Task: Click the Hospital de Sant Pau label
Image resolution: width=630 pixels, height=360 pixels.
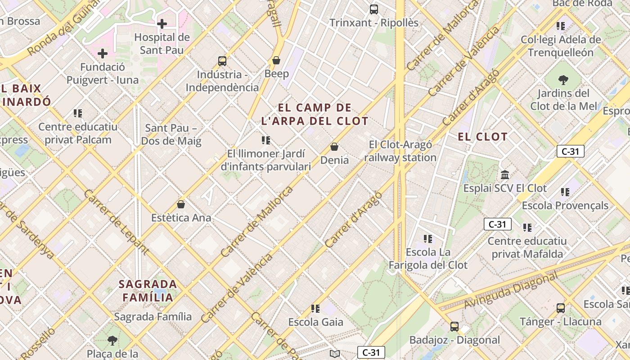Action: pyautogui.click(x=162, y=43)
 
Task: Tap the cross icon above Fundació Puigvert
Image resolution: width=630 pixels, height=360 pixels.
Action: pyautogui.click(x=103, y=54)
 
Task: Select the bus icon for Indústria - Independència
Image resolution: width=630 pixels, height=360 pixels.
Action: pyautogui.click(x=222, y=61)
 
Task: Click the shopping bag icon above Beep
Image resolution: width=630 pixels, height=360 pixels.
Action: pyautogui.click(x=276, y=60)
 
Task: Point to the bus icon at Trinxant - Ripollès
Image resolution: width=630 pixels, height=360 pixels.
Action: pyautogui.click(x=373, y=9)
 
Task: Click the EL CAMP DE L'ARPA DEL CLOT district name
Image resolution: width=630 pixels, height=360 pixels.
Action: pyautogui.click(x=315, y=114)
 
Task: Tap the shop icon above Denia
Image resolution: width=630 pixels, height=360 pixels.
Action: pyautogui.click(x=334, y=147)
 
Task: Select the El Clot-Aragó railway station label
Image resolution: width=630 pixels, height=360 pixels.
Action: pyautogui.click(x=400, y=151)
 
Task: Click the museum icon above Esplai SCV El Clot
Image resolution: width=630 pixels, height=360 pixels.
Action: pyautogui.click(x=505, y=175)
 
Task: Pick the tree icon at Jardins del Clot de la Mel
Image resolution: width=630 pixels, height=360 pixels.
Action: pyautogui.click(x=563, y=80)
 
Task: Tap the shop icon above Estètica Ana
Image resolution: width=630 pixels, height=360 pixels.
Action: pyautogui.click(x=181, y=204)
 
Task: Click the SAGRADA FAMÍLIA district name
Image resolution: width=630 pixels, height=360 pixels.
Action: pyautogui.click(x=148, y=291)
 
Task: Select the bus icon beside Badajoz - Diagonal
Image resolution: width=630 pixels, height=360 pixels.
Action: pyautogui.click(x=454, y=326)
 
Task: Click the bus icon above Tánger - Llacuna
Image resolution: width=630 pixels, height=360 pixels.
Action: pyautogui.click(x=560, y=308)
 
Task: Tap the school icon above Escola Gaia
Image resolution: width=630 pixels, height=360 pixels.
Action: pyautogui.click(x=315, y=308)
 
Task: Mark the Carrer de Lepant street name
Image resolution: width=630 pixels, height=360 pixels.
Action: pyautogui.click(x=116, y=222)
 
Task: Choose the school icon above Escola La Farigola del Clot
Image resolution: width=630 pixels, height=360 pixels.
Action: pyautogui.click(x=428, y=238)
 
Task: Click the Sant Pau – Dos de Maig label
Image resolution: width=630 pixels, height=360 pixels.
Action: pyautogui.click(x=171, y=135)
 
